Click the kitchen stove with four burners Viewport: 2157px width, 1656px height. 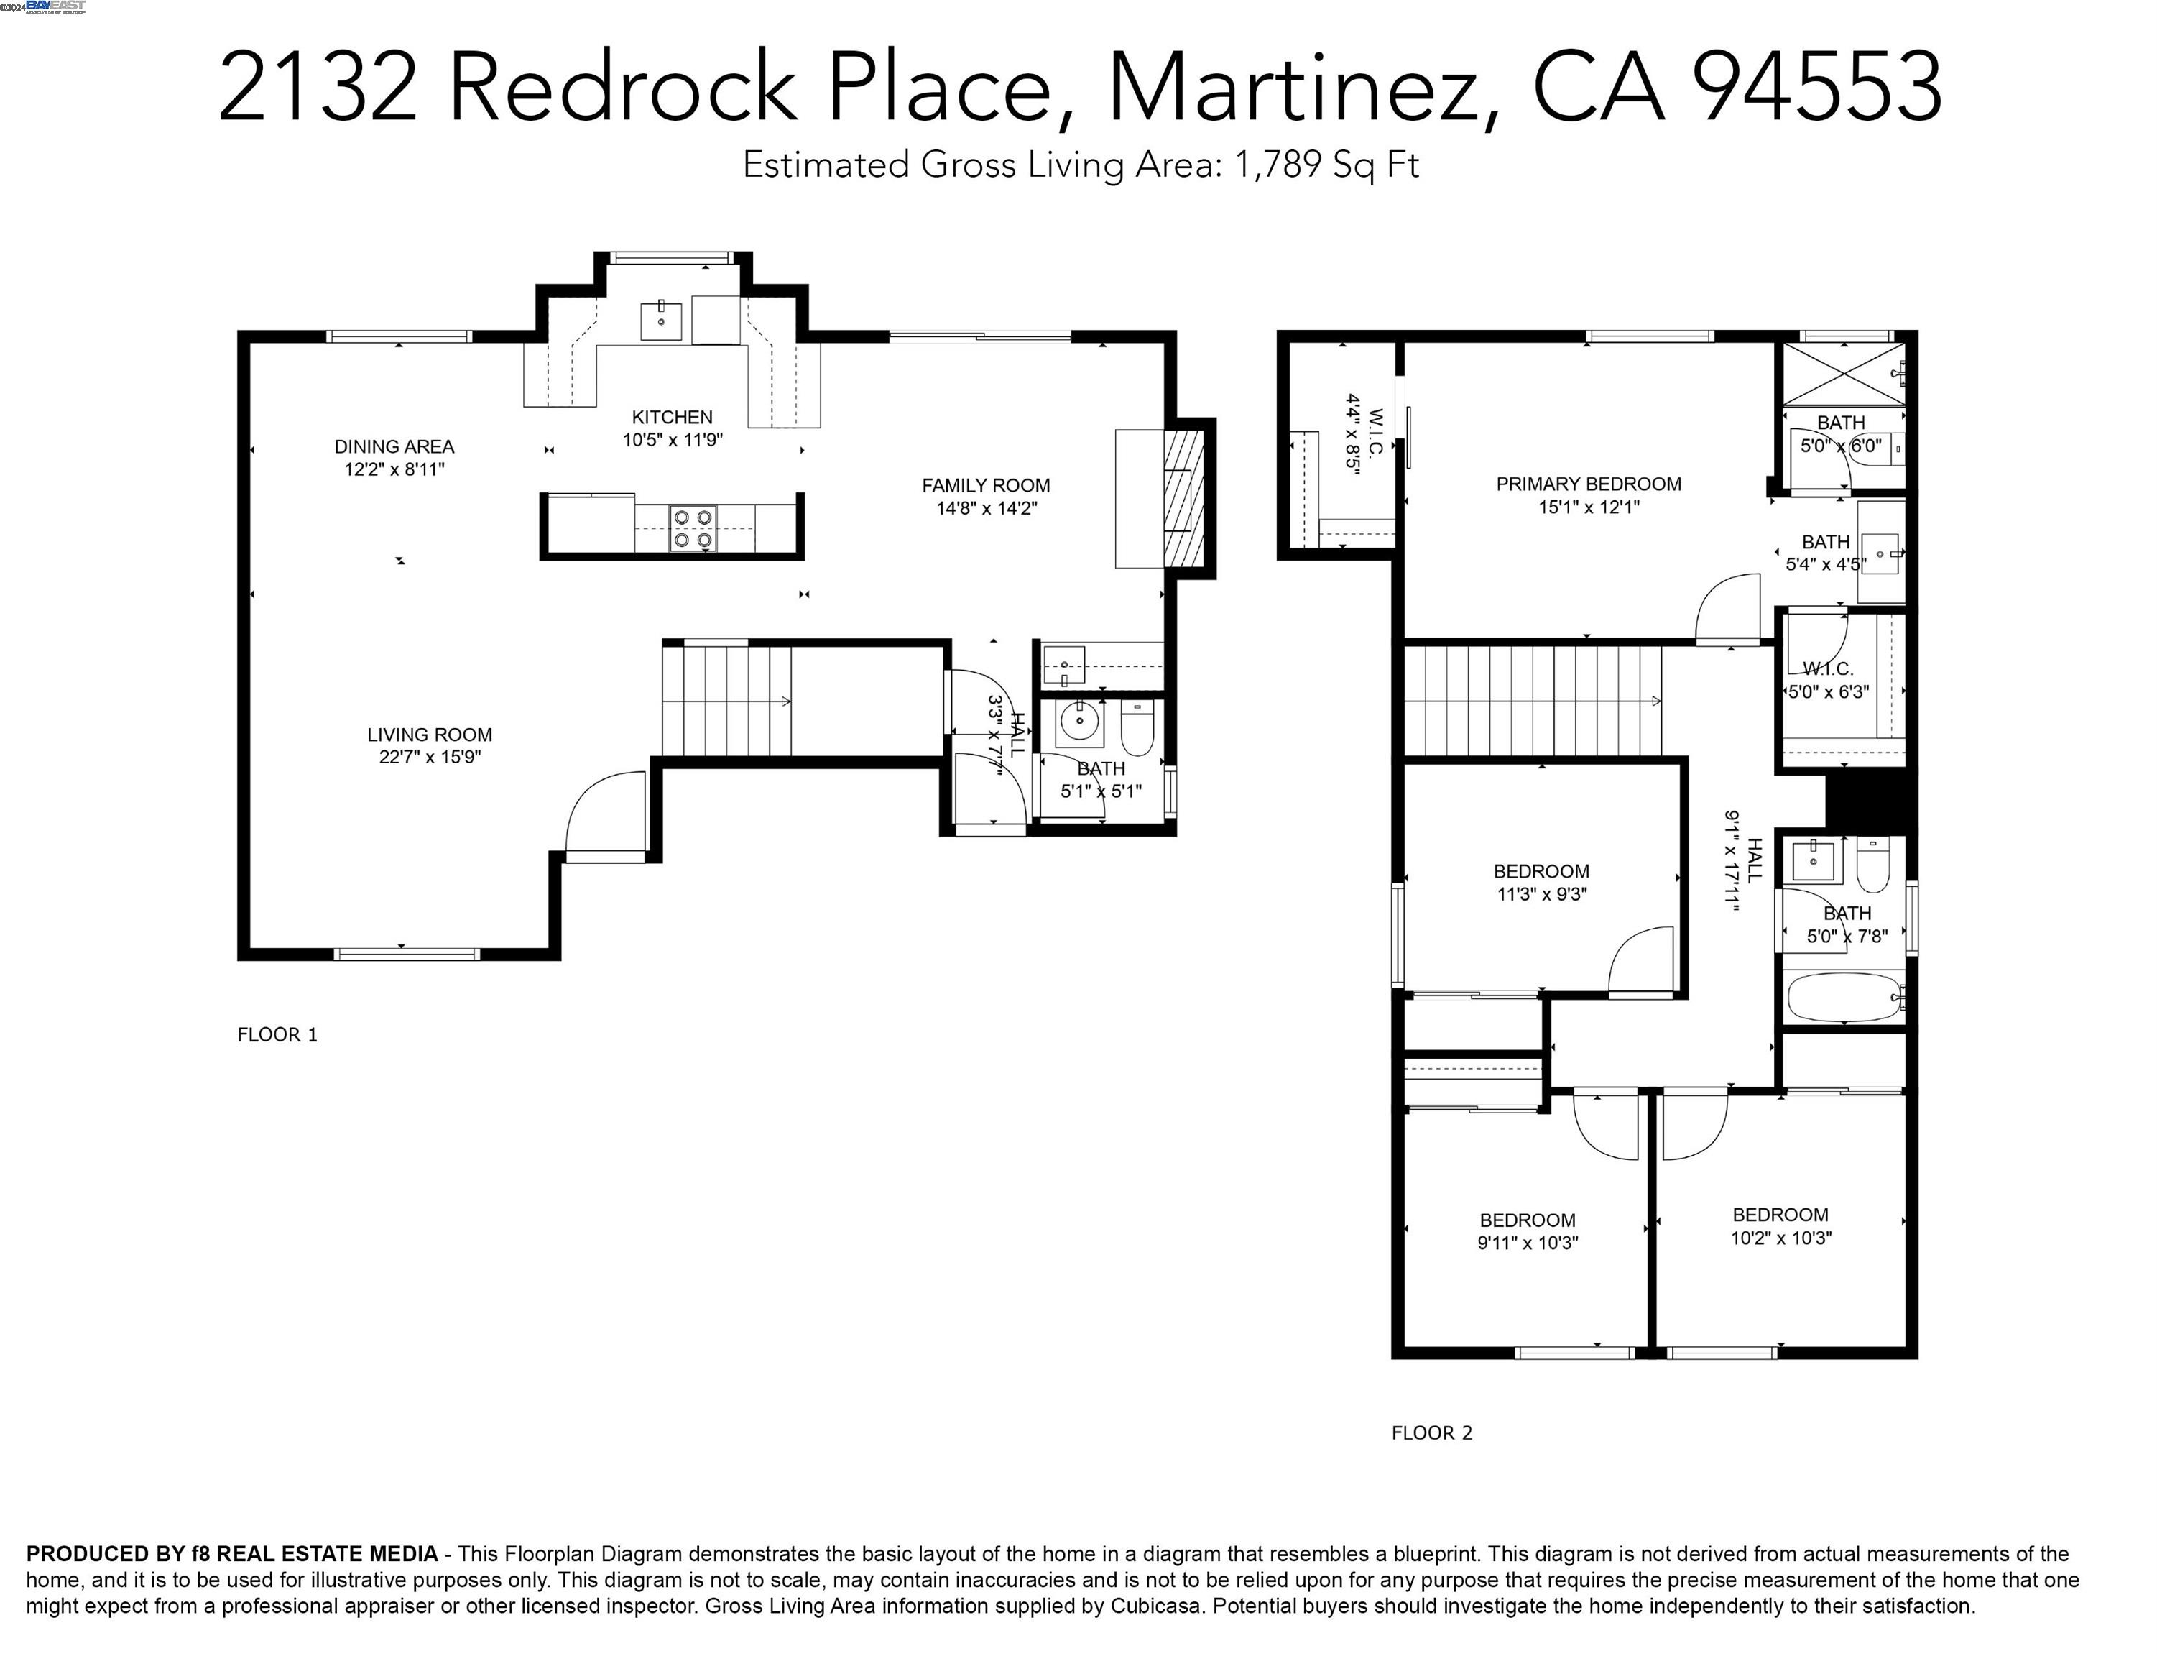[693, 528]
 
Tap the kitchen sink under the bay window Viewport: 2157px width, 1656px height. [660, 319]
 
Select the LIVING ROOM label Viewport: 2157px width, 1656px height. [430, 735]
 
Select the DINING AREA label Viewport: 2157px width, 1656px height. [394, 446]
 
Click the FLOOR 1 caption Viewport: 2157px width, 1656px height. [277, 1034]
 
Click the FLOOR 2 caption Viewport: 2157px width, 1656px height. [1431, 1433]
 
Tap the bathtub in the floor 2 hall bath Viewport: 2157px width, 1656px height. [1843, 998]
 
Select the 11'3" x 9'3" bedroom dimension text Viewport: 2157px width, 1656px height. [1541, 894]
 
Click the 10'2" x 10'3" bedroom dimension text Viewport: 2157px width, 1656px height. [1780, 1238]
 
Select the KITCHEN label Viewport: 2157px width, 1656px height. [672, 417]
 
